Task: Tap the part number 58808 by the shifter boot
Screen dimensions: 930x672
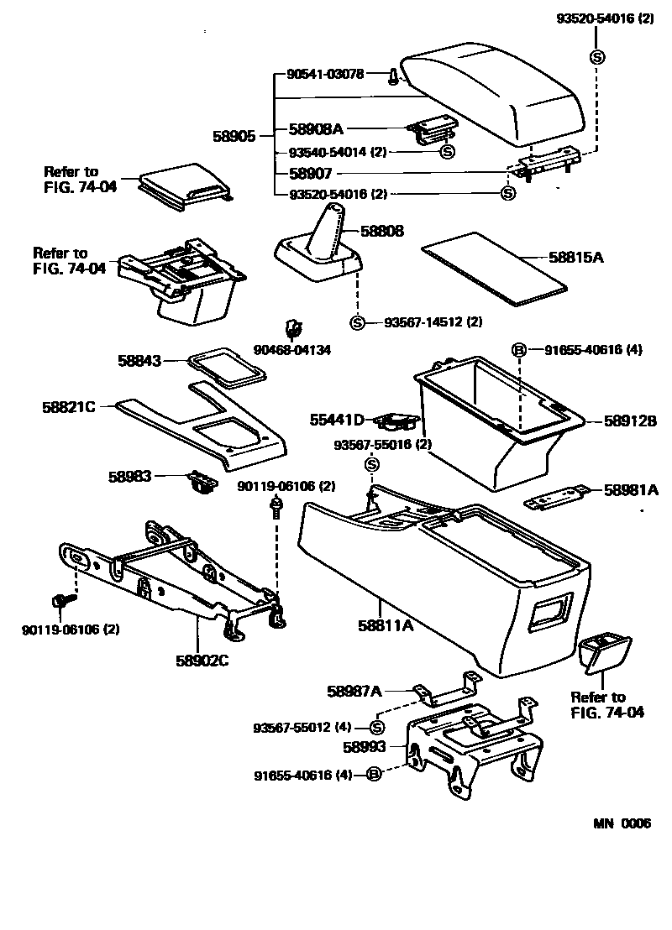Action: [x=382, y=229]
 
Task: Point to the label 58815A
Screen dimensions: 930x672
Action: [x=576, y=259]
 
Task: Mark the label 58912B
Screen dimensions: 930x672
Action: [x=629, y=421]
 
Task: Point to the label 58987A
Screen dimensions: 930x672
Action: [x=354, y=691]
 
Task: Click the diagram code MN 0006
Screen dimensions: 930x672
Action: [x=622, y=823]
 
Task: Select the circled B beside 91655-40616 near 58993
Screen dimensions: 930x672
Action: [x=375, y=774]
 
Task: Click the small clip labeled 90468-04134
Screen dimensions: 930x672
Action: [x=294, y=327]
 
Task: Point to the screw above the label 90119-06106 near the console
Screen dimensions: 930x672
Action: [x=276, y=508]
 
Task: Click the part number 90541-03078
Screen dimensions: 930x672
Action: [x=325, y=75]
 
